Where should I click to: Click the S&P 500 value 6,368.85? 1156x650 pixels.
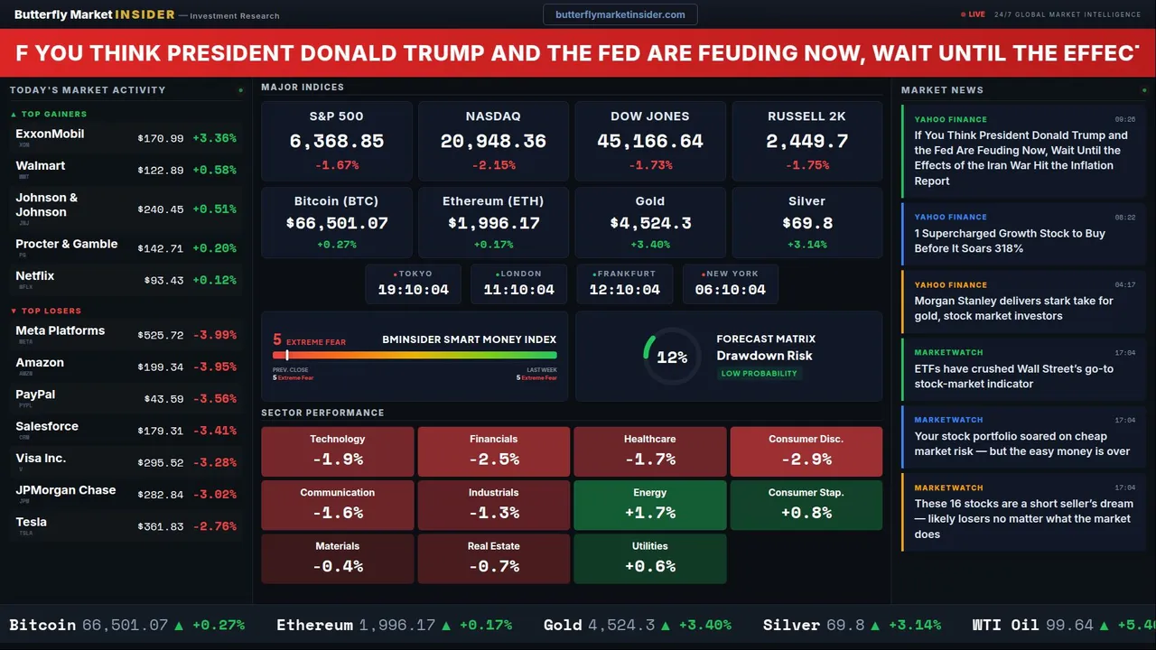[x=336, y=142]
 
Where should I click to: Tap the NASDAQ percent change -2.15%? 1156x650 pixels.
[x=493, y=166]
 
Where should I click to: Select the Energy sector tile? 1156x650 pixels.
[x=649, y=505]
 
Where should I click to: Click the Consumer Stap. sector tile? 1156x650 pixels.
[x=806, y=505]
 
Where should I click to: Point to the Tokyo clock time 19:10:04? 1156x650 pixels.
[x=413, y=290]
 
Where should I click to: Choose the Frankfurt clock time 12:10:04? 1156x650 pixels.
[x=624, y=290]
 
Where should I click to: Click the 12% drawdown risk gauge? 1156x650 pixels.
[x=672, y=357]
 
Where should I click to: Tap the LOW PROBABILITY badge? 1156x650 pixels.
[x=759, y=374]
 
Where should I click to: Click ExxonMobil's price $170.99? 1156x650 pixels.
[x=161, y=139]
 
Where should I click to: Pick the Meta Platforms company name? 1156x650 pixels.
[x=61, y=331]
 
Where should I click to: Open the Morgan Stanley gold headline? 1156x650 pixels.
[x=1013, y=309]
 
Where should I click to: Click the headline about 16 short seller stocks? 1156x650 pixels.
[x=1022, y=519]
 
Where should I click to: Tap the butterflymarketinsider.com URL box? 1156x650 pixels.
[x=620, y=14]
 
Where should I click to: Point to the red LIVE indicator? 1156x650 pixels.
[x=974, y=14]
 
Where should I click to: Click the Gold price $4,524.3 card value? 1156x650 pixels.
[x=650, y=223]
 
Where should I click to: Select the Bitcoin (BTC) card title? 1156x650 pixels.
[x=336, y=201]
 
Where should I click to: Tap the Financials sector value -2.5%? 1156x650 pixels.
[x=493, y=460]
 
